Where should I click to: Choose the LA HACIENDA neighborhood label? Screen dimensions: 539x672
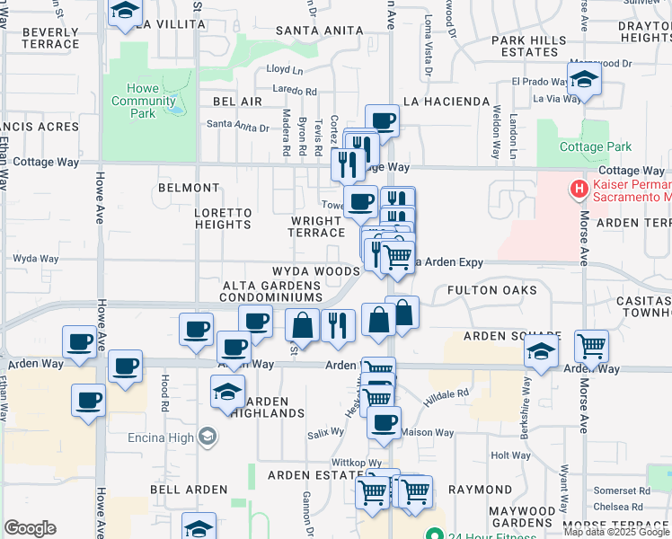coord(447,102)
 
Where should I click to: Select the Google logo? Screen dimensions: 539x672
coord(31,528)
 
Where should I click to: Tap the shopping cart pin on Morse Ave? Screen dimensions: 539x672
coord(591,345)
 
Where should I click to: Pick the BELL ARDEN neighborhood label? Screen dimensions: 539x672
coord(186,490)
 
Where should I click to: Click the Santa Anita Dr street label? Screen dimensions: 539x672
coord(238,128)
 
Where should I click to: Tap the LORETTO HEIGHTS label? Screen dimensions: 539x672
coord(224,219)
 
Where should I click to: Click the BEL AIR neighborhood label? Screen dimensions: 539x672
coord(237,102)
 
